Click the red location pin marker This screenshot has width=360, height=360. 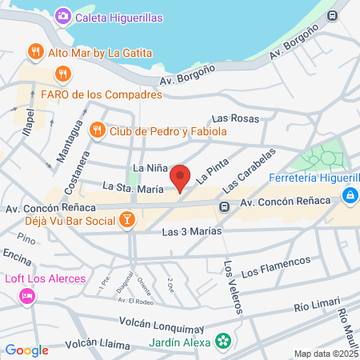181,177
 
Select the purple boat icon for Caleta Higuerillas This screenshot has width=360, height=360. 62,16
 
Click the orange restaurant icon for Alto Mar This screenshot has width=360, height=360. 34,53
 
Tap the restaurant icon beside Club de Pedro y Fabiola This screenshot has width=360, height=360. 97,130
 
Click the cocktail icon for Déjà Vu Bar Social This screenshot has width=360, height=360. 126,220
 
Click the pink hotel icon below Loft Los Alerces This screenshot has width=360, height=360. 26,297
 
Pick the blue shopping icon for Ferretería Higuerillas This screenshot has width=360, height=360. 350,194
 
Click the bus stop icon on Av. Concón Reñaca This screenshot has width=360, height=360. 226,207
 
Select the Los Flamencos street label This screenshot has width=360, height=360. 274,267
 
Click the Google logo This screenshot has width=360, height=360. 26,350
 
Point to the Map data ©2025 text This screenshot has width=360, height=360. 325,354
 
